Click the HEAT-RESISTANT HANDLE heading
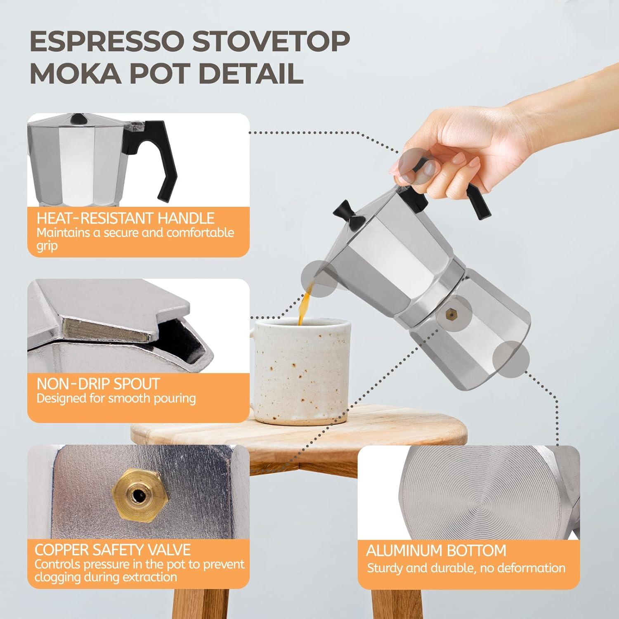coord(125,218)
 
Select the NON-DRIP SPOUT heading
coord(98,384)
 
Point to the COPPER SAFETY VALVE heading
coord(112,550)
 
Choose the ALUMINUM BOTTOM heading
coord(436,550)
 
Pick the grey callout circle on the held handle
coord(415,163)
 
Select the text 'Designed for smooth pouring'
coord(116,399)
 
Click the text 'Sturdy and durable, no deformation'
coord(466,568)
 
